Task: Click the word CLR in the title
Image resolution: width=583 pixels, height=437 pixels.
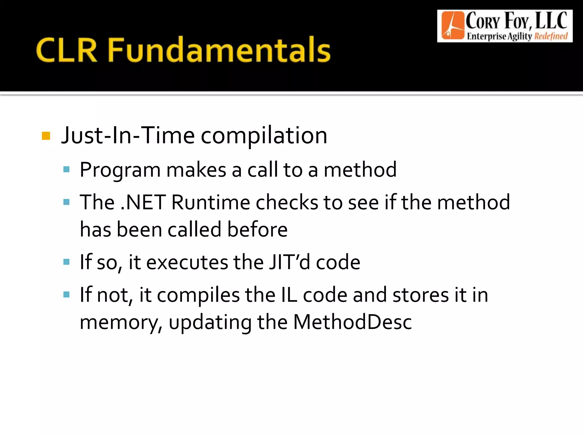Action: (67, 50)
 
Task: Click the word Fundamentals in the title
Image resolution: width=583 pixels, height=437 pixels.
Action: (219, 50)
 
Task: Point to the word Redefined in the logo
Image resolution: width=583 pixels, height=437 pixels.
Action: (551, 36)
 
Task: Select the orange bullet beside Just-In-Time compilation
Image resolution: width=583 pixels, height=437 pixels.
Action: (46, 136)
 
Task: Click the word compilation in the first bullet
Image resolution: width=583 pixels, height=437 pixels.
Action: (264, 136)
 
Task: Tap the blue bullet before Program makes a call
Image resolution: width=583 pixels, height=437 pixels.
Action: (67, 170)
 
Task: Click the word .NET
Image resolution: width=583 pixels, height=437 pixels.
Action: (143, 202)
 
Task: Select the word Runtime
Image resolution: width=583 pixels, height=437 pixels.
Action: (211, 202)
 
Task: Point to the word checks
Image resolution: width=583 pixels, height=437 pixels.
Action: (287, 202)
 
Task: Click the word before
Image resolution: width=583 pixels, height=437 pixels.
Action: (257, 229)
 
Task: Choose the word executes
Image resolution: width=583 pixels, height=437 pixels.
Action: (187, 262)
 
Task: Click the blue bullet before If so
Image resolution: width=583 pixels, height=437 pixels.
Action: (67, 262)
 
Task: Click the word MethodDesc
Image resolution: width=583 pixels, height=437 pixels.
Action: (352, 322)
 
